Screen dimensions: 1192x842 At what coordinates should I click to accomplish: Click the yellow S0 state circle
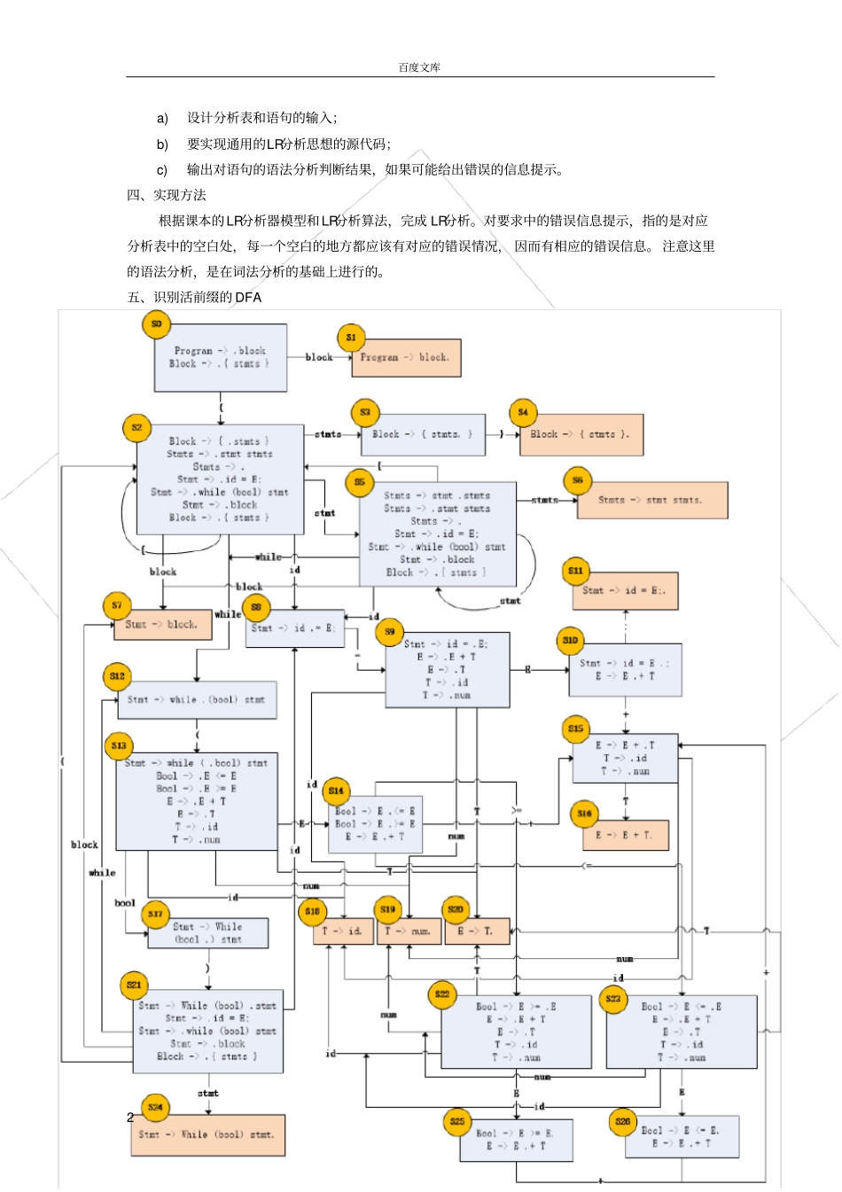[x=156, y=324]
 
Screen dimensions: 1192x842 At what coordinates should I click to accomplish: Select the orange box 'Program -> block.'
[x=406, y=358]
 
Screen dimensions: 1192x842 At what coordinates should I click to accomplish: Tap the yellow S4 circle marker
[x=523, y=412]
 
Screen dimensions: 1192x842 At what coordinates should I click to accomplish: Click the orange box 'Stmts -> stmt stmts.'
[x=651, y=501]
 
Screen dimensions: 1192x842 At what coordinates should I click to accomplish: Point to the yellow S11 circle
[x=575, y=571]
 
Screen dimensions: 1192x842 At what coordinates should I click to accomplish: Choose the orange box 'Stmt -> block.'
[x=162, y=625]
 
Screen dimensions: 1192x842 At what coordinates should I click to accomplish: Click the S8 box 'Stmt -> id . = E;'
[x=293, y=628]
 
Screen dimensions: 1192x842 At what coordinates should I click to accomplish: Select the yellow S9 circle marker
[x=390, y=632]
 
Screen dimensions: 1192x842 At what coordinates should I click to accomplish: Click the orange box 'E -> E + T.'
[x=625, y=836]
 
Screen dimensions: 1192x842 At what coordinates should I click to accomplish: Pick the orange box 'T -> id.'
[x=343, y=931]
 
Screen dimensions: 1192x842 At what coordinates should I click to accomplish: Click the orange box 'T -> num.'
[x=409, y=931]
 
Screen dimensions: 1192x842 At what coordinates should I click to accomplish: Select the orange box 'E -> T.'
[x=476, y=931]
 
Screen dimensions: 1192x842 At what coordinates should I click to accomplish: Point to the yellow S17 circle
[x=156, y=914]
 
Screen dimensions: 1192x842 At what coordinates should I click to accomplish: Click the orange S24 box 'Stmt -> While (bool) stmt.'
[x=207, y=1135]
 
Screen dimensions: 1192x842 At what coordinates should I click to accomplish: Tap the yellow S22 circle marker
[x=442, y=994]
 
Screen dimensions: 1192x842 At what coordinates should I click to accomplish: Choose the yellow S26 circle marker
[x=623, y=1122]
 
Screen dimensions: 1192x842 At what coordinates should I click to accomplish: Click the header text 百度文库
[x=419, y=67]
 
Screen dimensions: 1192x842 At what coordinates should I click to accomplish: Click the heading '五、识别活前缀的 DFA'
[x=194, y=298]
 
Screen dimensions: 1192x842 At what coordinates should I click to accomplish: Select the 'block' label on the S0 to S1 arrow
[x=318, y=357]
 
